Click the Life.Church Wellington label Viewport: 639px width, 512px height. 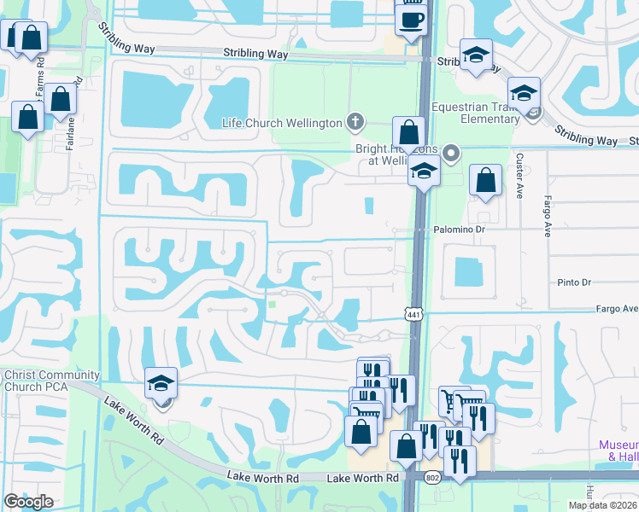pos(282,123)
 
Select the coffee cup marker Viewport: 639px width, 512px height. pos(411,19)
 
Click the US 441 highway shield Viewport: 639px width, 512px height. pos(413,314)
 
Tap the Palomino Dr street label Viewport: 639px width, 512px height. pos(458,230)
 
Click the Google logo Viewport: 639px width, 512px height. pos(28,502)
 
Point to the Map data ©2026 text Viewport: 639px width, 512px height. pos(603,505)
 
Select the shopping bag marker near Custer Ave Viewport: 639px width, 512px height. pos(485,180)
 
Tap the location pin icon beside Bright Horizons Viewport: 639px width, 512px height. pos(452,154)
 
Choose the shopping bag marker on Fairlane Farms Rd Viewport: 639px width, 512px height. pos(61,100)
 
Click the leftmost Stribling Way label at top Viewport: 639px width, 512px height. pos(255,53)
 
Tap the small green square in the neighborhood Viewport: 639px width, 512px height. pos(273,304)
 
